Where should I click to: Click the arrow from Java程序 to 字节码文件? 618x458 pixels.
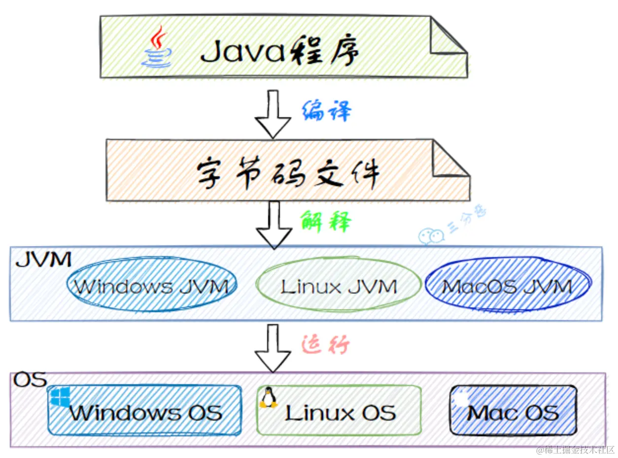(x=273, y=113)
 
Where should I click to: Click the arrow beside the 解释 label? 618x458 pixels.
(x=273, y=225)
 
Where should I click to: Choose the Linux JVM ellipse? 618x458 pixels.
(x=339, y=286)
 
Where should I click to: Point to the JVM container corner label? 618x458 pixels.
(x=43, y=259)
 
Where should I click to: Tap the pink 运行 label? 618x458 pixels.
(x=326, y=345)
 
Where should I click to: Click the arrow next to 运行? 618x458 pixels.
(x=273, y=347)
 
